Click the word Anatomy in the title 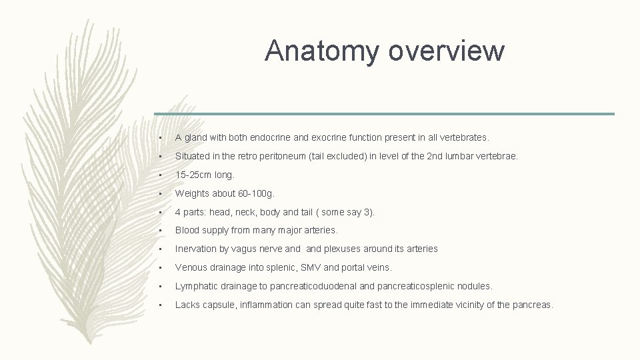(x=317, y=51)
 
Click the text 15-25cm (x=190, y=175)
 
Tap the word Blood (x=188, y=230)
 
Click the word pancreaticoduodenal (x=314, y=286)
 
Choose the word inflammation (x=264, y=305)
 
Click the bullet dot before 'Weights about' (x=161, y=193)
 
